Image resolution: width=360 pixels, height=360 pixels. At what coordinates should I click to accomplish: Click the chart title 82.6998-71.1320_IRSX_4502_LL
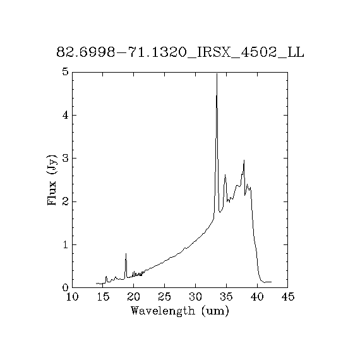click(180, 52)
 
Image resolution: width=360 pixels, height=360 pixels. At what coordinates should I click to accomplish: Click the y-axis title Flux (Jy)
click(52, 180)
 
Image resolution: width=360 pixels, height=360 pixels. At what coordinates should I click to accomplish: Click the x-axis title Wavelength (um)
click(180, 311)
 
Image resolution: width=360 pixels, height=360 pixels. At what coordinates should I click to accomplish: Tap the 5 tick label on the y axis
click(66, 72)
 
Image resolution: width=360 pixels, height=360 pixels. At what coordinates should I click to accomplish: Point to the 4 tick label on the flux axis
click(66, 115)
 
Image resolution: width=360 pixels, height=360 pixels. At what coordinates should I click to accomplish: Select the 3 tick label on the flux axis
click(66, 158)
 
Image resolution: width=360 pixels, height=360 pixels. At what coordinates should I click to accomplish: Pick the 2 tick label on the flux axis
click(66, 201)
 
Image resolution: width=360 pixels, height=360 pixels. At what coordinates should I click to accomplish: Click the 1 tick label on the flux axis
click(66, 244)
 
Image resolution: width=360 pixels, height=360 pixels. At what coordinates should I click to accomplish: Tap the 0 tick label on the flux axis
click(66, 287)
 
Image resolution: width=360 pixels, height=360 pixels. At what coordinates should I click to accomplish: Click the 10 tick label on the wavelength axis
click(73, 297)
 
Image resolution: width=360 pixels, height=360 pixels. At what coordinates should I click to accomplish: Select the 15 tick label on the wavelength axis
click(103, 297)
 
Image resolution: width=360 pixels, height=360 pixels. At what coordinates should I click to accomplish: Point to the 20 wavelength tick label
click(134, 297)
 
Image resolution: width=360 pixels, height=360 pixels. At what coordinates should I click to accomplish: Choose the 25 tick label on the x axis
click(165, 297)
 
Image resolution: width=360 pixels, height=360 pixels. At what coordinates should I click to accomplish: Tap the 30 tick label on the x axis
click(195, 297)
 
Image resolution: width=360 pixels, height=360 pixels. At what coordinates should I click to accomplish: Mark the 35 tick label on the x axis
click(226, 297)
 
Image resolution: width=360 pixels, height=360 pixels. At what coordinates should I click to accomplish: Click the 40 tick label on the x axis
click(257, 297)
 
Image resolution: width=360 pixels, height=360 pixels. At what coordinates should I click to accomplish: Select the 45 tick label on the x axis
click(287, 297)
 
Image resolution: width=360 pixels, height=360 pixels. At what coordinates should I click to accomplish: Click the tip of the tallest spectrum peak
click(217, 73)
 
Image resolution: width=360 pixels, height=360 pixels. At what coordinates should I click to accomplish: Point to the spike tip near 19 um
click(126, 253)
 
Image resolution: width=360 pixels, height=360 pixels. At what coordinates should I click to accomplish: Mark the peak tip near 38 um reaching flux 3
click(244, 160)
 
